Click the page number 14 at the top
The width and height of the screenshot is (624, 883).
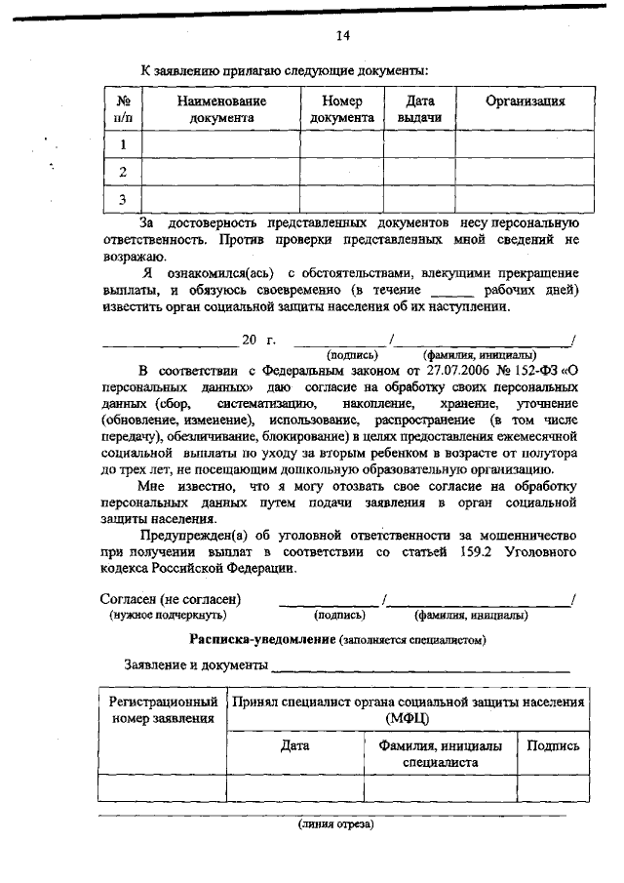coord(342,37)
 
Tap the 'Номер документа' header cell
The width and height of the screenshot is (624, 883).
coord(342,108)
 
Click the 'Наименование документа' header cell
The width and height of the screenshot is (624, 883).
coord(221,108)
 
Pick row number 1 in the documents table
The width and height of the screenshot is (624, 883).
coord(123,144)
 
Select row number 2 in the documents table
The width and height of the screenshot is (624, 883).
coord(123,172)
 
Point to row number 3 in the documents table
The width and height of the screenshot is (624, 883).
coord(123,199)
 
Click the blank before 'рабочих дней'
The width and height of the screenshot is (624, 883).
coord(451,291)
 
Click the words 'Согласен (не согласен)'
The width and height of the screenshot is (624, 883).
coord(172,599)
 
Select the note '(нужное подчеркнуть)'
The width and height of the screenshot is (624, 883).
coord(169,616)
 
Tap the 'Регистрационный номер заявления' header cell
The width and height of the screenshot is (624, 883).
coord(163,710)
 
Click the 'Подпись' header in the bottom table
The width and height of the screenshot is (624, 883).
coord(553,745)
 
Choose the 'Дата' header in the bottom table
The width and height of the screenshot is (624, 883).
coord(294,745)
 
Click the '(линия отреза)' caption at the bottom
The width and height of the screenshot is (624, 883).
coord(335,824)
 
